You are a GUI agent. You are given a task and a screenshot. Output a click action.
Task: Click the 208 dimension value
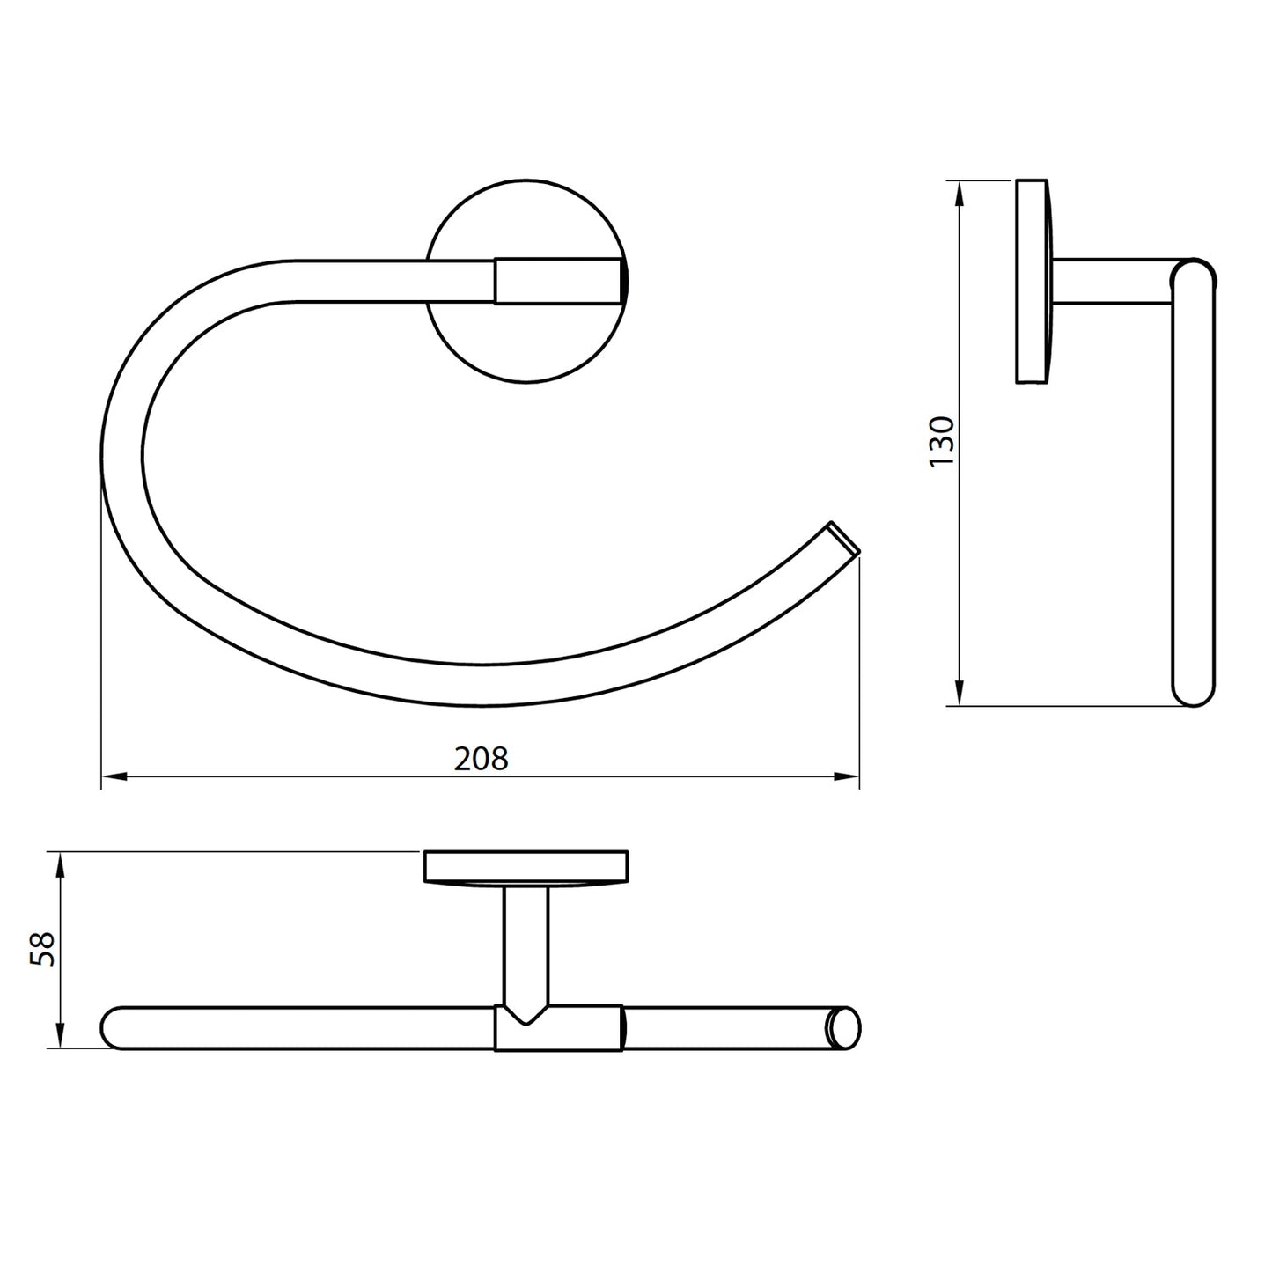481,758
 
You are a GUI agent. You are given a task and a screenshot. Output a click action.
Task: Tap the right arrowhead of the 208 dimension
846,776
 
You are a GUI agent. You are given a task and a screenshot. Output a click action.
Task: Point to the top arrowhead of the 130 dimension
959,194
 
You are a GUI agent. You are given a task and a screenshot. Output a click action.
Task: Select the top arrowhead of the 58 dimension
60,864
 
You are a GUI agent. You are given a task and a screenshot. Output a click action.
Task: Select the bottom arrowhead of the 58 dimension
60,1036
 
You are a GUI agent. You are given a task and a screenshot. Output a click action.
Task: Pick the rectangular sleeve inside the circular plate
559,281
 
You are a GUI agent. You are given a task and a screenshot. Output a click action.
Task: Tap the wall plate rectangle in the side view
1033,282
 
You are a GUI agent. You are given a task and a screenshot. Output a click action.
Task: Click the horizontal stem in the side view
1114,282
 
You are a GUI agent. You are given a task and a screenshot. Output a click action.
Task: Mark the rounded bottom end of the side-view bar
1193,691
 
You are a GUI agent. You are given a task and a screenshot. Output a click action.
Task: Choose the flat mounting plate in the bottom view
526,866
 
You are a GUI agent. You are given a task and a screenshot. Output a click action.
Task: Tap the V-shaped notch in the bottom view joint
526,1017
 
